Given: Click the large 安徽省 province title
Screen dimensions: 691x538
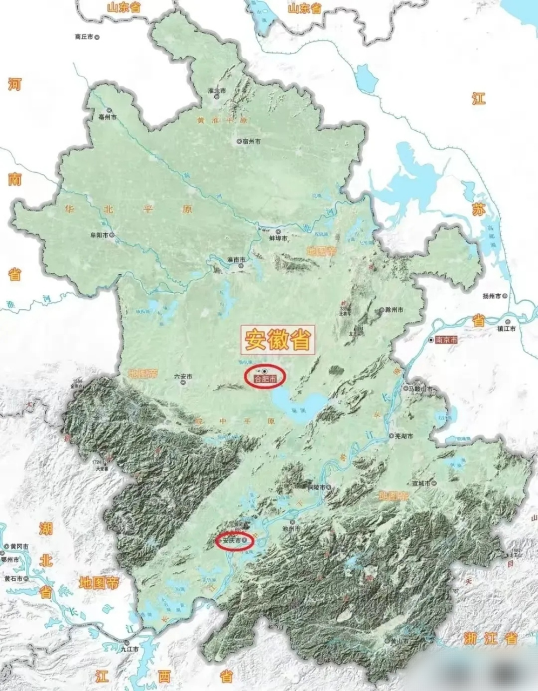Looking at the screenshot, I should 278,340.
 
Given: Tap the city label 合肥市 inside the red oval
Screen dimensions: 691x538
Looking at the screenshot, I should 264,380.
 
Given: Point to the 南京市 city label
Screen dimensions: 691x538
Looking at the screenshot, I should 446,341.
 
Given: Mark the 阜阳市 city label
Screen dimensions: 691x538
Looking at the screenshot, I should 100,235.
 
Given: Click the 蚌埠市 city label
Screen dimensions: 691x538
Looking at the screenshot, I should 277,238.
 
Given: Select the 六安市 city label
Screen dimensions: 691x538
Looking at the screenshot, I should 183,377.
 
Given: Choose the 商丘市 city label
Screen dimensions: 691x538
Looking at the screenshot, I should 84,37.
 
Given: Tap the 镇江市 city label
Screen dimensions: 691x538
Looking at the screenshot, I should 507,328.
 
